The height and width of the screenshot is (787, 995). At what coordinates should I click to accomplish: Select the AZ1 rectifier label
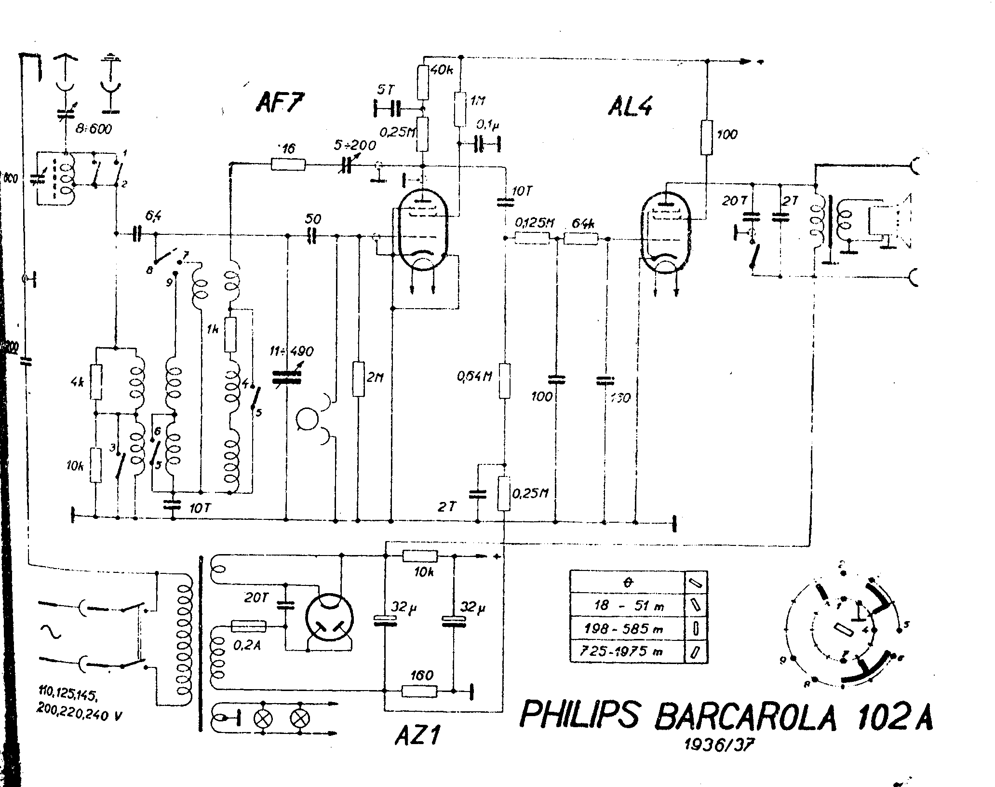point(417,735)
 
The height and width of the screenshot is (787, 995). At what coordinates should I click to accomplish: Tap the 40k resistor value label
point(441,70)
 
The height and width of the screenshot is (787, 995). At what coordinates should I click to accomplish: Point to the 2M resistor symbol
point(358,379)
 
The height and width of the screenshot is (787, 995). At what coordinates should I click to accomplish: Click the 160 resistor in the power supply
point(419,691)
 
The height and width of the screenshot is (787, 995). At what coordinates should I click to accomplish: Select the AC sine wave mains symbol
point(52,632)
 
